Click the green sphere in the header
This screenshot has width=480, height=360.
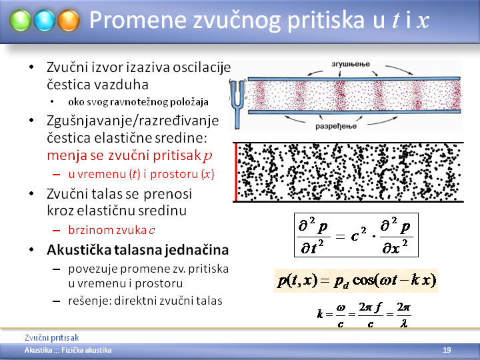point(20,21)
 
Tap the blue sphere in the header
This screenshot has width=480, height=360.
point(45,21)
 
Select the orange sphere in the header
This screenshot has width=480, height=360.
point(69,21)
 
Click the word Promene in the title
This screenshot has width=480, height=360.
point(138,20)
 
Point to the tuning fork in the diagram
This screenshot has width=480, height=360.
point(237,104)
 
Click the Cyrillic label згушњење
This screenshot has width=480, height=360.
point(351,64)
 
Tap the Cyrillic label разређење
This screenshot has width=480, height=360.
point(336,126)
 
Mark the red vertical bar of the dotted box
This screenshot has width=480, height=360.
point(236,172)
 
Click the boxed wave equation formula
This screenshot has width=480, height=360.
point(356,235)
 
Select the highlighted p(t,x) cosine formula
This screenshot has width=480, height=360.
point(356,281)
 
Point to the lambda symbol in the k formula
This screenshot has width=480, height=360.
point(403,323)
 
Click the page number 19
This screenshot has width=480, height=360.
point(447,350)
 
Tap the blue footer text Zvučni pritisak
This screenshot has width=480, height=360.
point(52,337)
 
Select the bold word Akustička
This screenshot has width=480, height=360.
point(79,249)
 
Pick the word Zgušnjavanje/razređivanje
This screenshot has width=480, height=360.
point(133,121)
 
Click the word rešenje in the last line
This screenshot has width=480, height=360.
point(90,301)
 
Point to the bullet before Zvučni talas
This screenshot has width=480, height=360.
point(31,193)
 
